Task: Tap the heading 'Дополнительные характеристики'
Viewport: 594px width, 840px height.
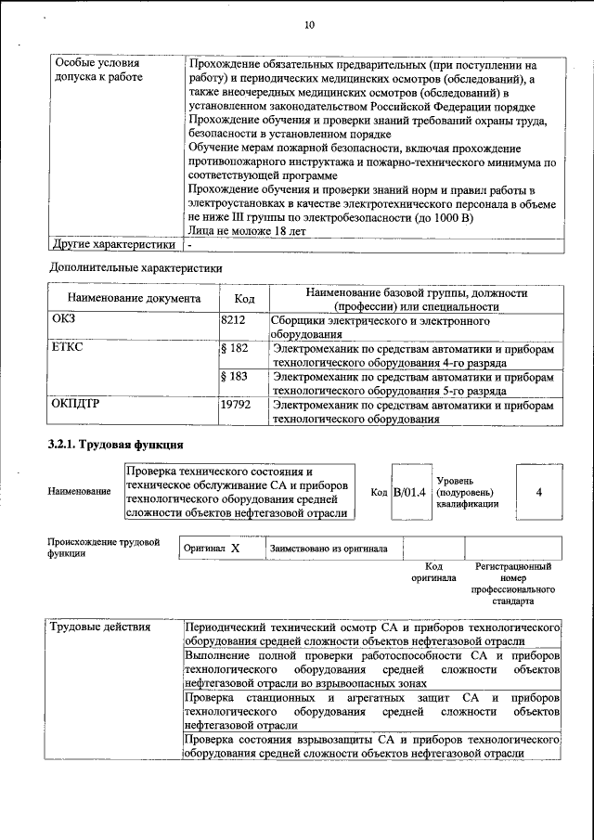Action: click(x=136, y=268)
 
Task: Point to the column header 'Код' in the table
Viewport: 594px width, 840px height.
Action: click(x=244, y=299)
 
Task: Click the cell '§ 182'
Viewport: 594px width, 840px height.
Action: click(x=235, y=349)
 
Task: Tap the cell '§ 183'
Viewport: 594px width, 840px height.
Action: click(x=235, y=377)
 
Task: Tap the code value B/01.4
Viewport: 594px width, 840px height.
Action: click(x=409, y=492)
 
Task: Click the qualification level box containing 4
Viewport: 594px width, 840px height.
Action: click(x=538, y=492)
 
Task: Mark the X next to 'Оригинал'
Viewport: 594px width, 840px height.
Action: click(x=235, y=549)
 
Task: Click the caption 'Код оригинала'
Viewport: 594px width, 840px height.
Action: click(x=433, y=572)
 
